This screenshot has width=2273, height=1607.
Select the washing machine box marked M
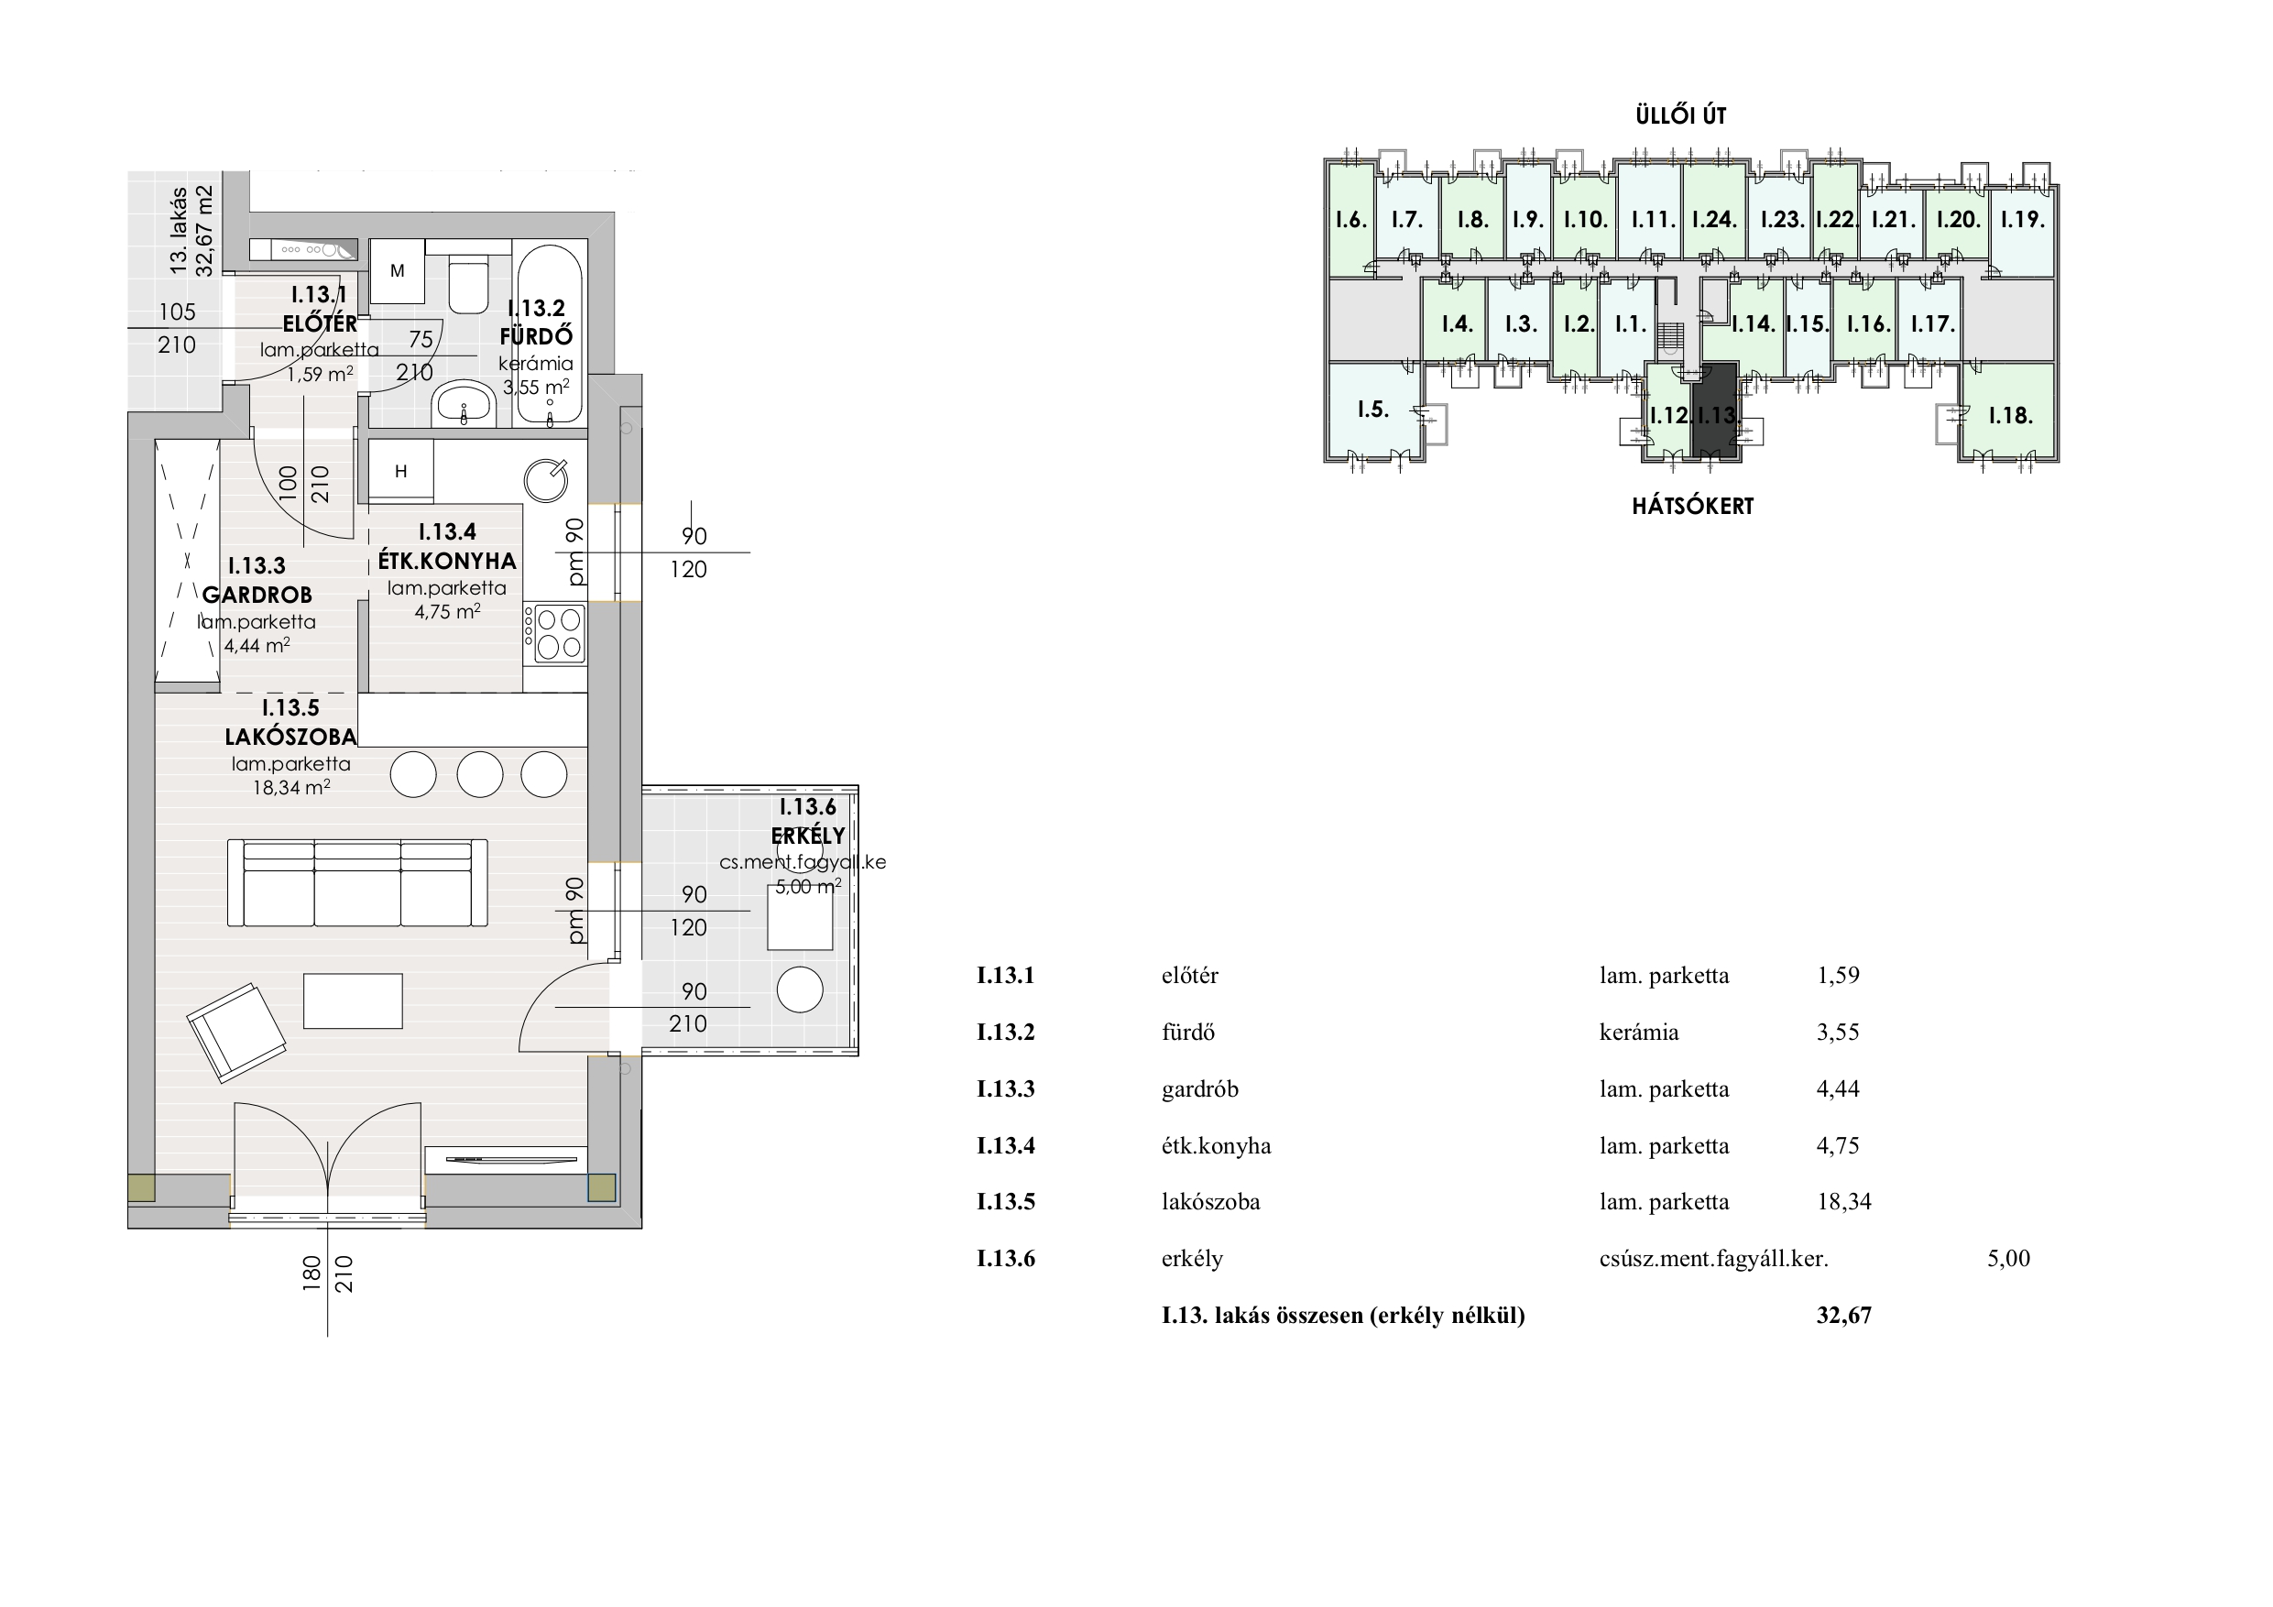coord(397,270)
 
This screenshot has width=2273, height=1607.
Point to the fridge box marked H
coord(401,471)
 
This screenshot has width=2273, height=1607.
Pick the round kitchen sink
coord(545,480)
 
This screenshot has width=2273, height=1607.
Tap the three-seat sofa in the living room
coord(357,882)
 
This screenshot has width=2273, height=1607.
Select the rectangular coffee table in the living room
coord(353,1001)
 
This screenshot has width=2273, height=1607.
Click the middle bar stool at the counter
coord(480,774)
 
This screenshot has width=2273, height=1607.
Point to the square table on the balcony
coord(800,918)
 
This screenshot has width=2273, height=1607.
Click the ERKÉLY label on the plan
coord(808,835)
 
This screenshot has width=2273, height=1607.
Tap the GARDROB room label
coord(257,596)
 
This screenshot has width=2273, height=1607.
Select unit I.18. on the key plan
coord(2010,414)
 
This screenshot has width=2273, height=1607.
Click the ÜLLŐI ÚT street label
coord(1681,115)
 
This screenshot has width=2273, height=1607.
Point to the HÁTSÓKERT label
coord(1693,506)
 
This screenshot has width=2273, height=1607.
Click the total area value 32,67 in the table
coord(1844,1315)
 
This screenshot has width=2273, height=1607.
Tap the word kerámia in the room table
coord(1639,1032)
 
